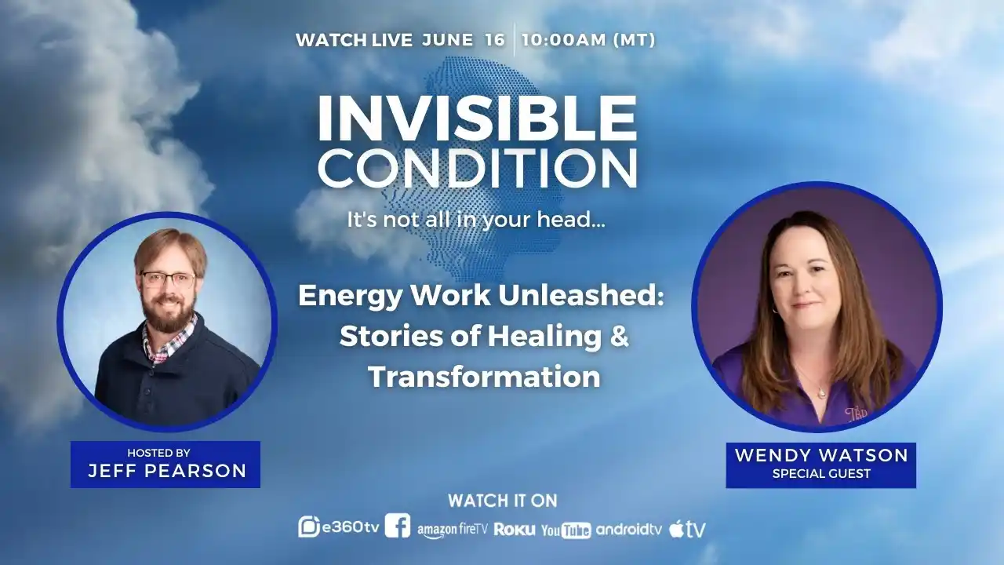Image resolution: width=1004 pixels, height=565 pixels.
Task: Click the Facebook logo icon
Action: pyautogui.click(x=398, y=526)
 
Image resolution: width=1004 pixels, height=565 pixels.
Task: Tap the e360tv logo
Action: pyautogui.click(x=339, y=527)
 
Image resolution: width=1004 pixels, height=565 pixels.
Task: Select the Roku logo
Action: pyautogui.click(x=514, y=530)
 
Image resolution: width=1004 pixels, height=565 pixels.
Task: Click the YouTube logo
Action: pyautogui.click(x=566, y=530)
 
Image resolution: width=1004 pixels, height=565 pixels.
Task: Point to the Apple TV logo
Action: pyautogui.click(x=688, y=529)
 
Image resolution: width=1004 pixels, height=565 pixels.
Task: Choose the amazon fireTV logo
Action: pyautogui.click(x=453, y=530)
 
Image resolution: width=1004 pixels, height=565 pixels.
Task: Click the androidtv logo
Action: pyautogui.click(x=629, y=530)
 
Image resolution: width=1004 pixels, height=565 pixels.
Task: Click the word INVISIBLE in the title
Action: pyautogui.click(x=477, y=118)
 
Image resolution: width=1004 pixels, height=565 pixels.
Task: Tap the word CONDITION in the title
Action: pyautogui.click(x=478, y=168)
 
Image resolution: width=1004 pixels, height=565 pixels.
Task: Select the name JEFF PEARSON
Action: pyautogui.click(x=167, y=471)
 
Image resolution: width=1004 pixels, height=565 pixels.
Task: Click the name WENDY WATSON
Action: pyautogui.click(x=821, y=456)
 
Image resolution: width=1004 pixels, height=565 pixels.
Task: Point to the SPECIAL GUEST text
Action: pyautogui.click(x=821, y=473)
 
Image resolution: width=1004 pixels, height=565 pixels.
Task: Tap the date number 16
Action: pyautogui.click(x=495, y=40)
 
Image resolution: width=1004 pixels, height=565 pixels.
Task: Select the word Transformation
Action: pyautogui.click(x=484, y=377)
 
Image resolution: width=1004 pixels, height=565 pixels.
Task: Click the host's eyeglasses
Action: pyautogui.click(x=168, y=280)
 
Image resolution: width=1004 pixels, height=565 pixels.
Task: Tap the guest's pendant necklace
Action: pyautogui.click(x=821, y=393)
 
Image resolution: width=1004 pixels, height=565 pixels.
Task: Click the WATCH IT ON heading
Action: pyautogui.click(x=503, y=501)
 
